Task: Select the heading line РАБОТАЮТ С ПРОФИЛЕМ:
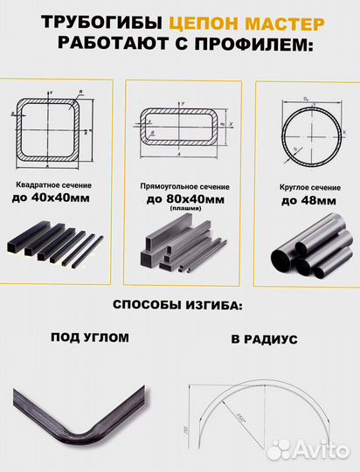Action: (x=180, y=45)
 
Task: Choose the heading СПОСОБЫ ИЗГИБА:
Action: (x=180, y=305)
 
